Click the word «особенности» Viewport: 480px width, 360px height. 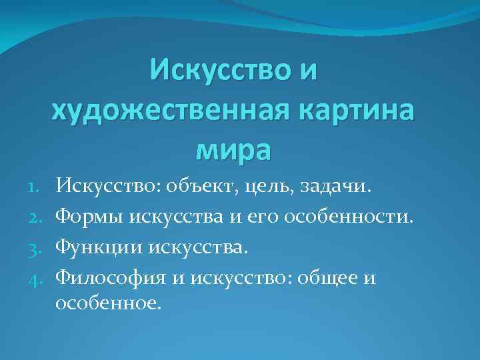[x=357, y=216]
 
